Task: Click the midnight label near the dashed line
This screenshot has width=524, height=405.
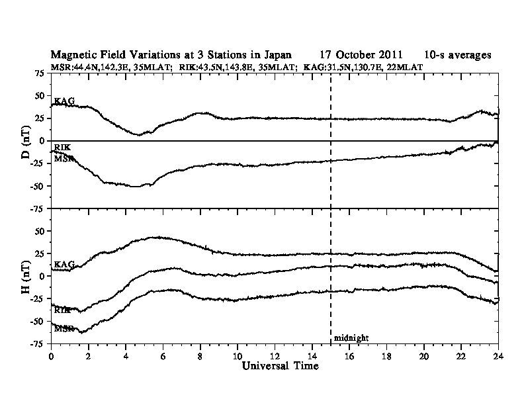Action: pyautogui.click(x=351, y=338)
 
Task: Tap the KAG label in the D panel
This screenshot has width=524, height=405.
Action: pyautogui.click(x=64, y=101)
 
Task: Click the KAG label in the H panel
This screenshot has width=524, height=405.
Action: pyautogui.click(x=64, y=265)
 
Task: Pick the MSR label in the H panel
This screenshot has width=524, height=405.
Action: pyautogui.click(x=64, y=328)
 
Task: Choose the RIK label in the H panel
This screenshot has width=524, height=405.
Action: pyautogui.click(x=63, y=310)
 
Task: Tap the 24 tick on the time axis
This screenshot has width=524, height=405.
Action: pyautogui.click(x=498, y=355)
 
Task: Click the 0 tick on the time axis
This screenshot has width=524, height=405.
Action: pyautogui.click(x=52, y=355)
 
